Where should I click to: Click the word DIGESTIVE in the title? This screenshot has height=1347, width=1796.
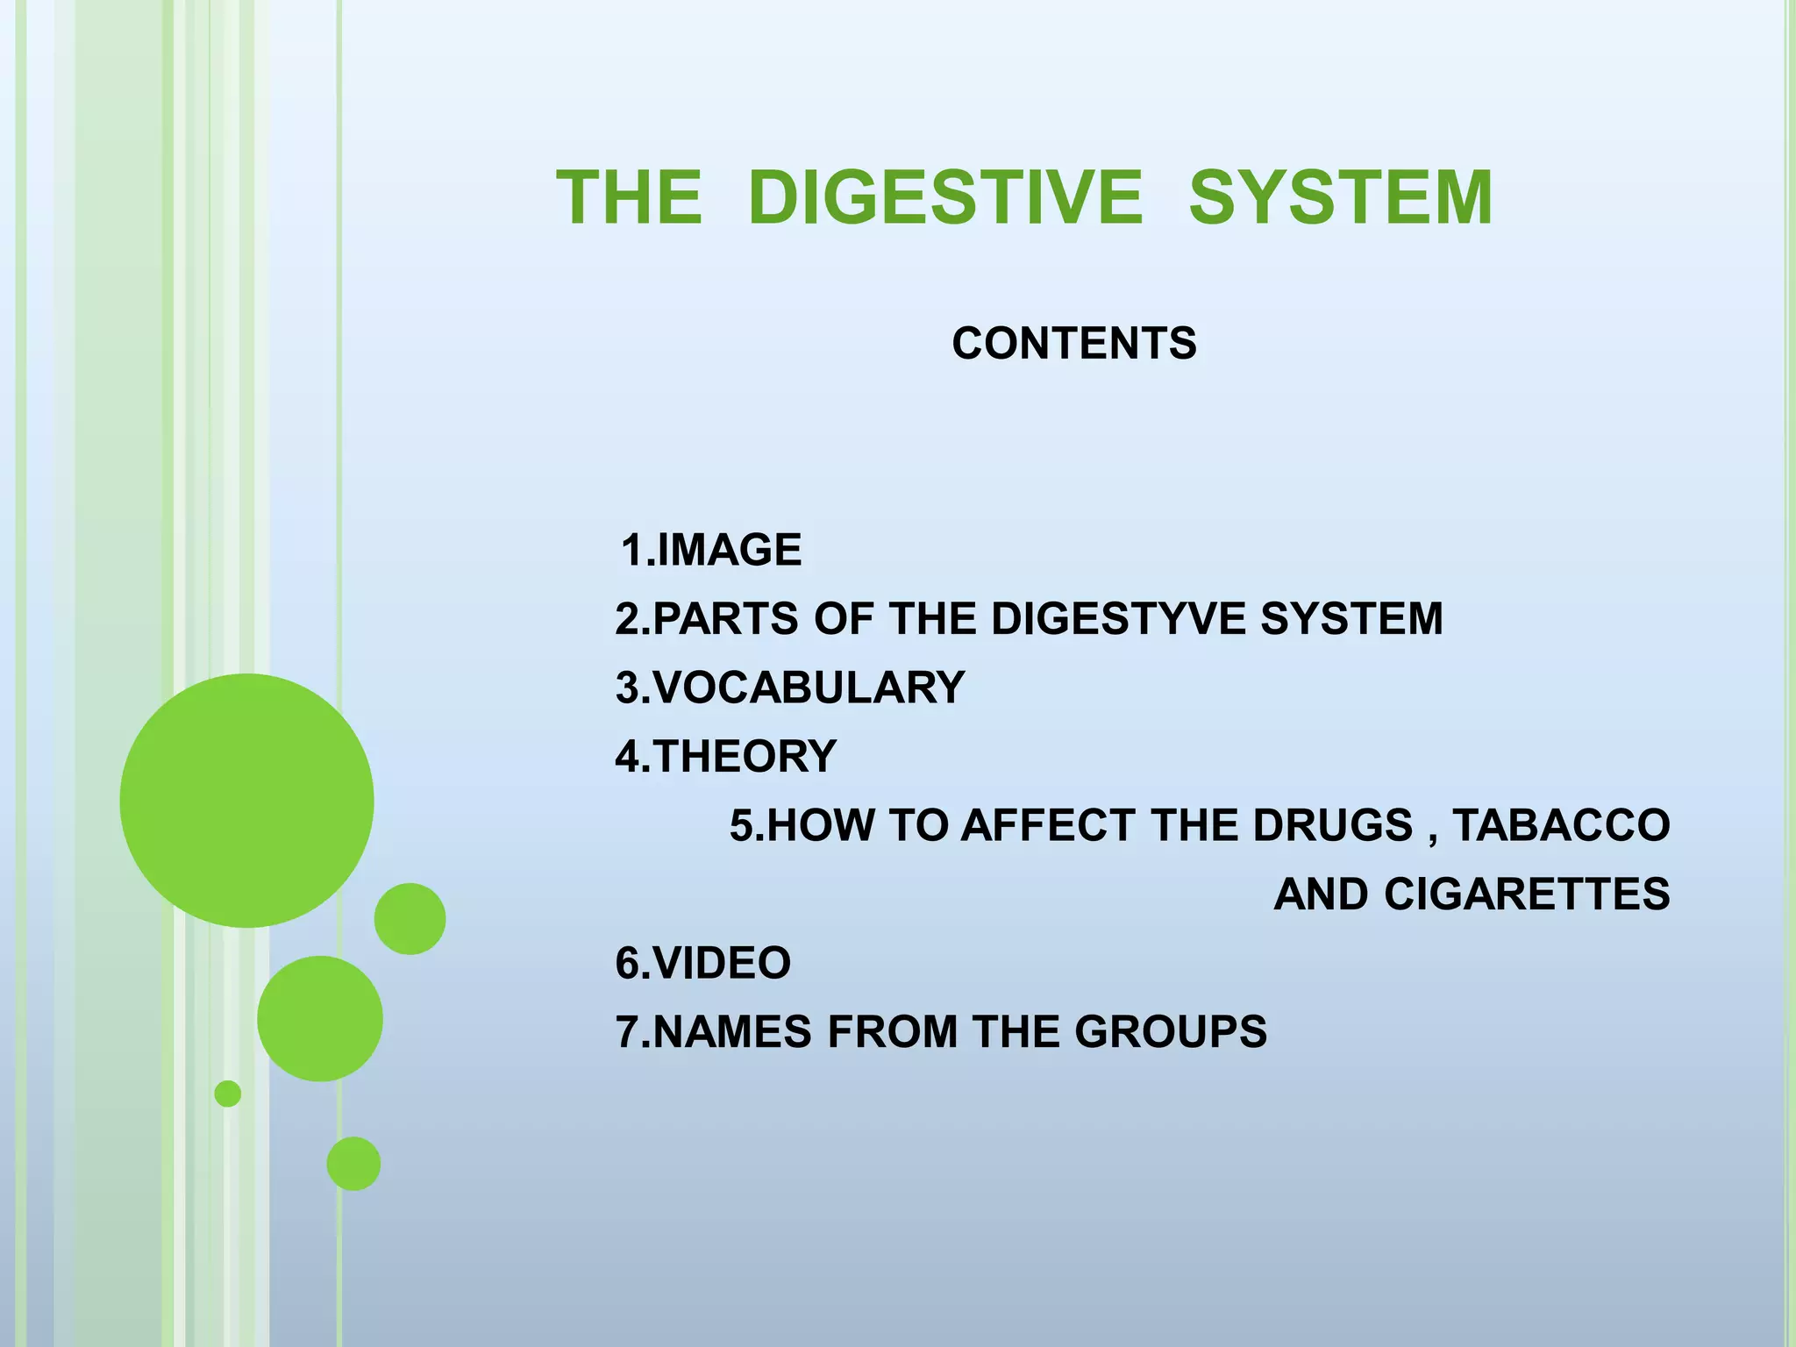tap(945, 198)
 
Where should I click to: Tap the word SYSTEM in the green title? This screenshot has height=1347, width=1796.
tap(1341, 198)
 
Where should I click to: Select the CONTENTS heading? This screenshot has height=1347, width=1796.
tap(1074, 343)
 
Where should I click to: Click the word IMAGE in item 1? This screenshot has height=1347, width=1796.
tap(729, 551)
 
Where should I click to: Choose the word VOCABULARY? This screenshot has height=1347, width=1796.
tap(809, 688)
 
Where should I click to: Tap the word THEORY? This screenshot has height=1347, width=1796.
tap(745, 756)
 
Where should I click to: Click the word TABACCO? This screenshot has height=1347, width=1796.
tap(1561, 825)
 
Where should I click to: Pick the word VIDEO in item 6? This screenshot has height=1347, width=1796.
tap(722, 963)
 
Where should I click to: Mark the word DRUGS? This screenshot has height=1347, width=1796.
tap(1332, 825)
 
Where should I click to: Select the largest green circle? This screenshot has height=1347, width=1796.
tap(247, 800)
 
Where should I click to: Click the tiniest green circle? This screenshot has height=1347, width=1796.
tap(228, 1094)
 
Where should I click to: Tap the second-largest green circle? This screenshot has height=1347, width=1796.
tap(320, 1018)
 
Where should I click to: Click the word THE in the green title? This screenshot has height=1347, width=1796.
tap(630, 198)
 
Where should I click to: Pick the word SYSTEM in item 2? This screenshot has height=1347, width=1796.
tap(1351, 619)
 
